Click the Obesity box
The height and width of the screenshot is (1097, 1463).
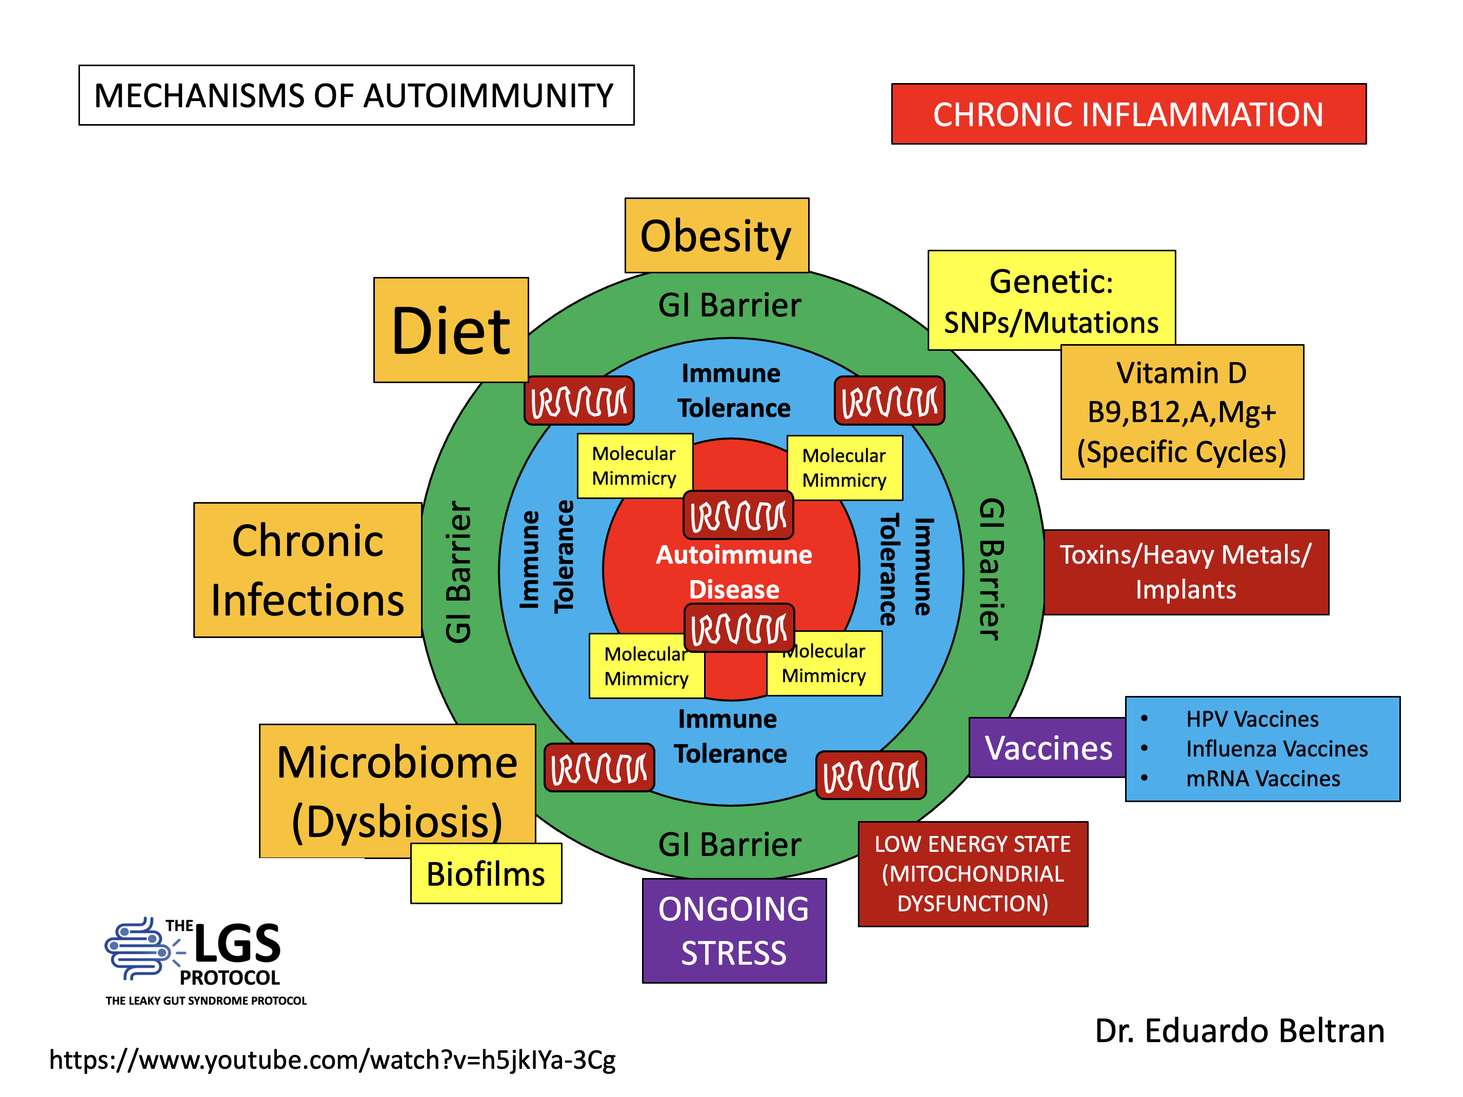pyautogui.click(x=716, y=235)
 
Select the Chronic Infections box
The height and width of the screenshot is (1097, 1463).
pyautogui.click(x=308, y=570)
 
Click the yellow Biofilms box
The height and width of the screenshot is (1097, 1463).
pyautogui.click(x=486, y=873)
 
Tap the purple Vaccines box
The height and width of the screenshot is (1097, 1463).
pyautogui.click(x=1048, y=748)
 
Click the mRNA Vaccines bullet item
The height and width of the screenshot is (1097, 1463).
pyautogui.click(x=1262, y=778)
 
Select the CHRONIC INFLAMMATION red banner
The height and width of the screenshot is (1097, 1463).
pyautogui.click(x=1128, y=114)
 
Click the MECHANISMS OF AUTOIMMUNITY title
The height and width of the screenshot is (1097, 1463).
pyautogui.click(x=356, y=95)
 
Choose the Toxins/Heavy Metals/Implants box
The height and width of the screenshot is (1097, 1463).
pyautogui.click(x=1185, y=572)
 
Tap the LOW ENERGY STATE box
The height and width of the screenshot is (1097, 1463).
pyautogui.click(x=972, y=873)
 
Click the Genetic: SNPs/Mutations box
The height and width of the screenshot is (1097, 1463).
pyautogui.click(x=1051, y=301)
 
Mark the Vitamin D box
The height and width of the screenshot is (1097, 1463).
pyautogui.click(x=1181, y=411)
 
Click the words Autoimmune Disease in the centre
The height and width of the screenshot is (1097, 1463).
pyautogui.click(x=733, y=572)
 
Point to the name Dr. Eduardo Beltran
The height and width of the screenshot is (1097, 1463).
pyautogui.click(x=1239, y=1030)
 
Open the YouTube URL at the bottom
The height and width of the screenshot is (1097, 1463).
pyautogui.click(x=332, y=1059)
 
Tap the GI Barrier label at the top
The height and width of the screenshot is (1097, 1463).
pyautogui.click(x=730, y=305)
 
